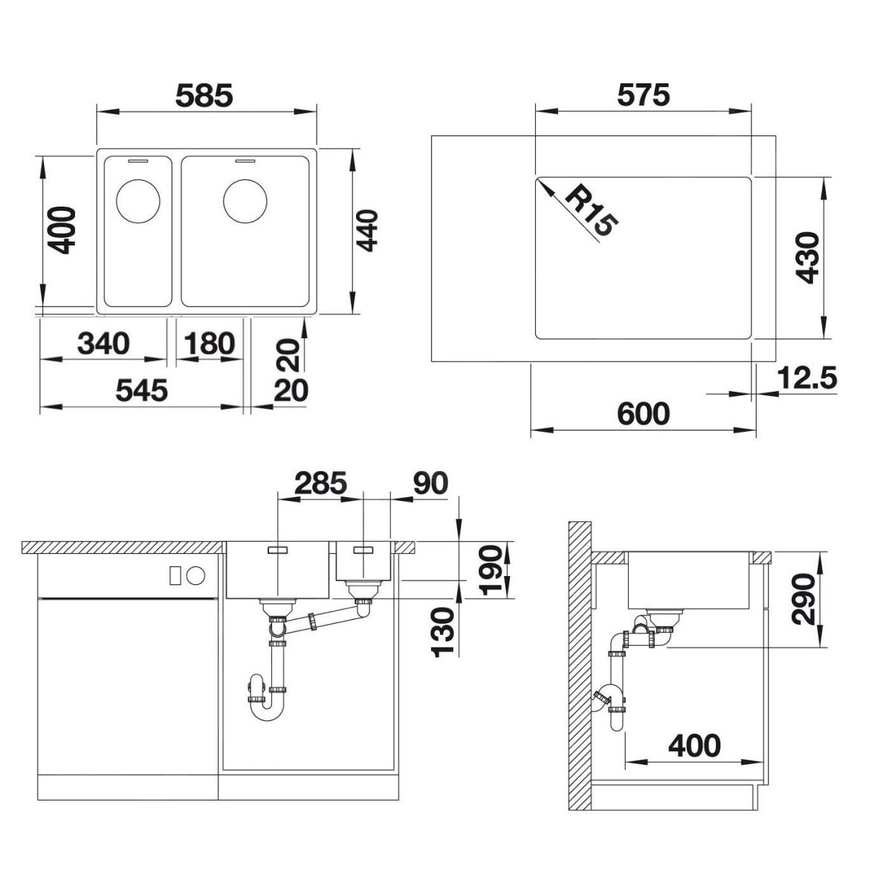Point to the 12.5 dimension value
click(x=807, y=378)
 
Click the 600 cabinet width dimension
click(x=644, y=413)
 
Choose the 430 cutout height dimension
click(x=808, y=257)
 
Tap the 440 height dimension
click(x=367, y=230)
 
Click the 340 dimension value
click(x=103, y=344)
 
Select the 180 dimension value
click(x=209, y=344)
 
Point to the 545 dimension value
click(x=141, y=390)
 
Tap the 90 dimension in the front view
click(x=430, y=483)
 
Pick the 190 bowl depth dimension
click(x=490, y=570)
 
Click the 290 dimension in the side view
click(x=803, y=599)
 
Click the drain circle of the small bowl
click(x=138, y=201)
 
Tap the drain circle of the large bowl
click(x=245, y=201)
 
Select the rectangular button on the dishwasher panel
click(x=175, y=575)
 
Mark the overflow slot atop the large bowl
click(x=245, y=161)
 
